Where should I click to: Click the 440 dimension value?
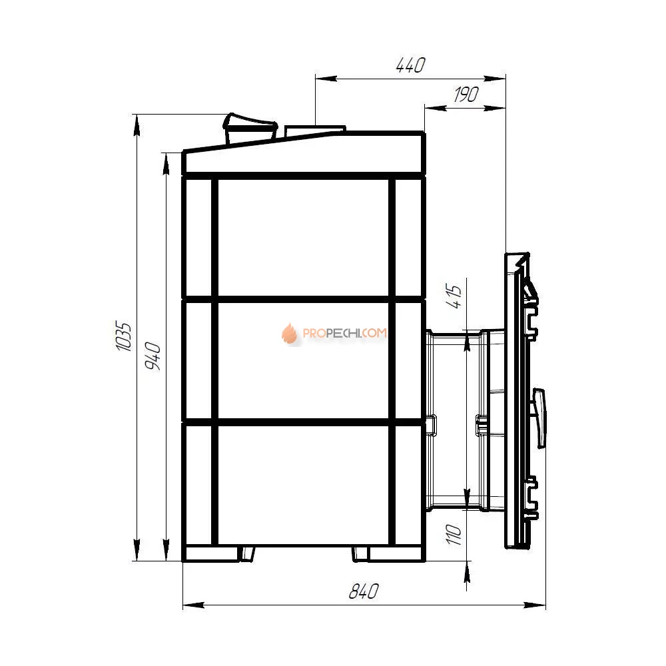[x=410, y=65]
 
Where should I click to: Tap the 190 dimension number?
[x=466, y=95]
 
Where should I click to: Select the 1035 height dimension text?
[x=124, y=336]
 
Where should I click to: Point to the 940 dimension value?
[x=153, y=356]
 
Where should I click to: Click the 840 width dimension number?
[x=364, y=591]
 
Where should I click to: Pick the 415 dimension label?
[x=454, y=296]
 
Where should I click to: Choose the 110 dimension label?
[x=454, y=534]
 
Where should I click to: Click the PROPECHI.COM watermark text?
[x=344, y=333]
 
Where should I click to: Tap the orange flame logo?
[x=289, y=333]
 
